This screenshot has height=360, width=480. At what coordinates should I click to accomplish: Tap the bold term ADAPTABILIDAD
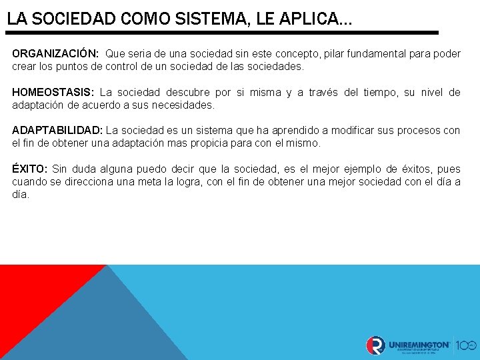pyautogui.click(x=57, y=131)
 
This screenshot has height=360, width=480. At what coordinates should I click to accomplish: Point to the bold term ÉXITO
pyautogui.click(x=29, y=169)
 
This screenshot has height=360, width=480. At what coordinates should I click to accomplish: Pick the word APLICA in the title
pyautogui.click(x=306, y=19)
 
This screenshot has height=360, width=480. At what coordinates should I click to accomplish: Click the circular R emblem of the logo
pyautogui.click(x=375, y=345)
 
